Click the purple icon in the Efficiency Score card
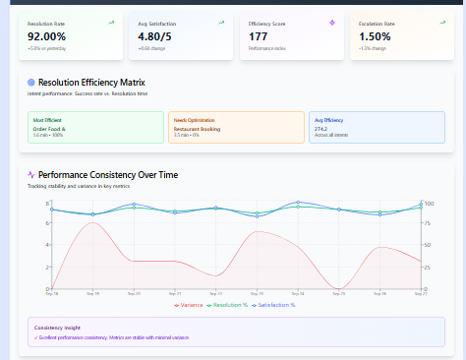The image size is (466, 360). click(x=332, y=21)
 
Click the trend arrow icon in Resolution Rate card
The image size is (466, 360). click(x=111, y=21)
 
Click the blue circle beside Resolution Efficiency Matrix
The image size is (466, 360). click(x=32, y=82)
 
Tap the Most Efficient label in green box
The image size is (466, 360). click(x=47, y=119)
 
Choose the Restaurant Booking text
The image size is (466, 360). click(x=198, y=128)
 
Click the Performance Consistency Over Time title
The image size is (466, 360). click(x=108, y=174)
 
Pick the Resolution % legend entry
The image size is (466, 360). click(x=234, y=305)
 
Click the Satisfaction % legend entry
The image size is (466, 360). click(x=286, y=305)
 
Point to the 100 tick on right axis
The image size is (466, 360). click(x=429, y=203)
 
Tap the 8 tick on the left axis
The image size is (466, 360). click(x=46, y=203)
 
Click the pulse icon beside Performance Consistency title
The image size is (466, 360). click(x=31, y=174)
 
